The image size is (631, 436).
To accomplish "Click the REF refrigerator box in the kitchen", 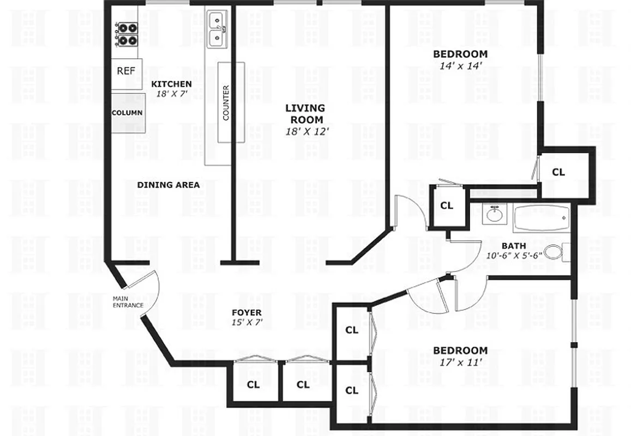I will tap(127, 70).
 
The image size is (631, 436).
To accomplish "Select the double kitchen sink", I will tap(218, 29).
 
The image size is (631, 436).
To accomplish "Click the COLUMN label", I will tap(127, 113).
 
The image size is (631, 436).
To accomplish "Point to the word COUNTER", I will tap(226, 102).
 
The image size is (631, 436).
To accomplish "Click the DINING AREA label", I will tap(168, 185).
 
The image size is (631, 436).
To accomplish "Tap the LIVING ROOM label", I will tap(304, 113).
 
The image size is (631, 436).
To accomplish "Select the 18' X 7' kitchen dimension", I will tap(171, 93).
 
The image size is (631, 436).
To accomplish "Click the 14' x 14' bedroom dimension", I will tap(460, 65).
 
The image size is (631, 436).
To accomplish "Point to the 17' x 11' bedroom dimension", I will tap(460, 361).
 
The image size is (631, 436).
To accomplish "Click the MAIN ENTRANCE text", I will tap(128, 302).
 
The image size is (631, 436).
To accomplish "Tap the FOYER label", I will tap(247, 312).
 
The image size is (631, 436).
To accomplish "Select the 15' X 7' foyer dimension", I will tap(247, 322).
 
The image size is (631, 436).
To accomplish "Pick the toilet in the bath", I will tap(554, 252).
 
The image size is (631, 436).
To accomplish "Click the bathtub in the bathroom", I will tap(541, 218).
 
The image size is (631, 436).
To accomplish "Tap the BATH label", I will tap(514, 245).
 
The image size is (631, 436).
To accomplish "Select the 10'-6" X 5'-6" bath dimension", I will tap(513, 255).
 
